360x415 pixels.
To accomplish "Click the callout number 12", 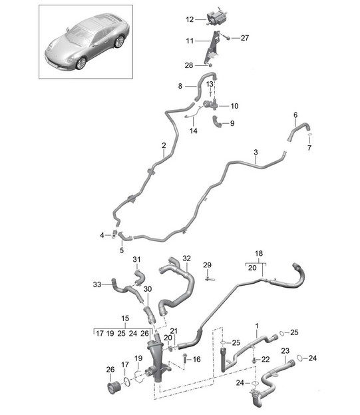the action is tap(190, 19).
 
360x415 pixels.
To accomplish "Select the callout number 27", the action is tap(245, 38).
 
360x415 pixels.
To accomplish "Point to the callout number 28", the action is tap(189, 65).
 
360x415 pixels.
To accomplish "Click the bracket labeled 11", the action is tap(213, 48).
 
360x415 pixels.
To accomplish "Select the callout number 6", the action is tap(295, 115).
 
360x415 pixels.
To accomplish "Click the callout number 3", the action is tap(256, 153).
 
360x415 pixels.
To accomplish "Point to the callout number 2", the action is tap(164, 145).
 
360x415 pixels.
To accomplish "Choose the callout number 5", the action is tap(122, 250).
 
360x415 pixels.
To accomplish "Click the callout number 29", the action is tap(207, 265).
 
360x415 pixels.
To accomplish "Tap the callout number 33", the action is tap(97, 284).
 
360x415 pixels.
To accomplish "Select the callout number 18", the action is tap(259, 254).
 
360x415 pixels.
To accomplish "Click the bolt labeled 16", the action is tap(184, 358).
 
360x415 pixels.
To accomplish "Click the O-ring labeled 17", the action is tap(127, 382).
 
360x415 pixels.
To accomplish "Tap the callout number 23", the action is tap(285, 351).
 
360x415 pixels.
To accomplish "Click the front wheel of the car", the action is tap(81, 63).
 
